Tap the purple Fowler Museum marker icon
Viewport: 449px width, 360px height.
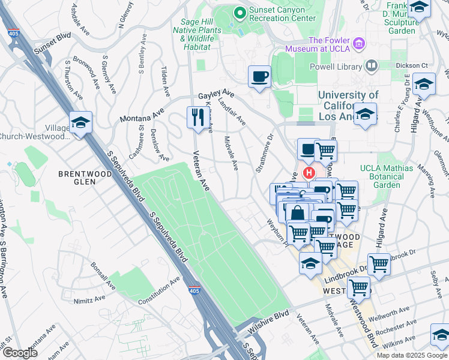[360, 43]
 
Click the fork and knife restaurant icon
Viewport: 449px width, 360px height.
[197, 117]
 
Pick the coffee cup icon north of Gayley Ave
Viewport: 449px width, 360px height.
[260, 77]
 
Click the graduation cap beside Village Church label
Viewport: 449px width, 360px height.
[80, 122]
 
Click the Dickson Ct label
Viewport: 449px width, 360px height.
[415, 65]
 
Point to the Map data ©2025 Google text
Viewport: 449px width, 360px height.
[412, 355]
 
